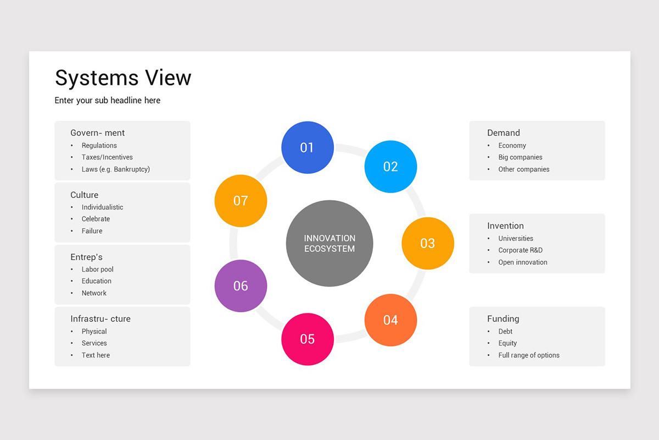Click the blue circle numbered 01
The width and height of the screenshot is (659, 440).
(307, 147)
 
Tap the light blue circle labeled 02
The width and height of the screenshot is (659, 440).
(390, 167)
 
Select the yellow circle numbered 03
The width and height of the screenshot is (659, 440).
(427, 243)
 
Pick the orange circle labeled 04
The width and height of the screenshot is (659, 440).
(390, 320)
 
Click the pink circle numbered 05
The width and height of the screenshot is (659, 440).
(307, 339)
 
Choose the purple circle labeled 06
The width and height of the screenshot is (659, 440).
(241, 285)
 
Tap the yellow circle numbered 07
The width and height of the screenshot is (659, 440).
(241, 201)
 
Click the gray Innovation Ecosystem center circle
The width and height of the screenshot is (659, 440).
(329, 243)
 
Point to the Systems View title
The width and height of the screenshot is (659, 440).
(123, 78)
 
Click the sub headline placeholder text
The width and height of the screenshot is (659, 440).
(108, 100)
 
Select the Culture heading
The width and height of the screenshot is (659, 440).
(85, 195)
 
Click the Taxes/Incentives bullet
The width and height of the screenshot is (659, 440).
(107, 157)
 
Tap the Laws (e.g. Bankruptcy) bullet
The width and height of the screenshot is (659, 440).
(115, 169)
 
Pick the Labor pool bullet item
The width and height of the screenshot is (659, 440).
(98, 269)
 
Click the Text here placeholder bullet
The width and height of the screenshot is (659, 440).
(96, 355)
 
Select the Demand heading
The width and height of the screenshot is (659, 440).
(504, 133)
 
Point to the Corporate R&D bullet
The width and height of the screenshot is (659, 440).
(521, 250)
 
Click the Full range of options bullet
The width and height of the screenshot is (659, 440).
(529, 355)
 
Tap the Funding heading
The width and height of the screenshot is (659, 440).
(503, 318)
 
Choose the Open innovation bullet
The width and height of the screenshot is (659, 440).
(523, 262)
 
